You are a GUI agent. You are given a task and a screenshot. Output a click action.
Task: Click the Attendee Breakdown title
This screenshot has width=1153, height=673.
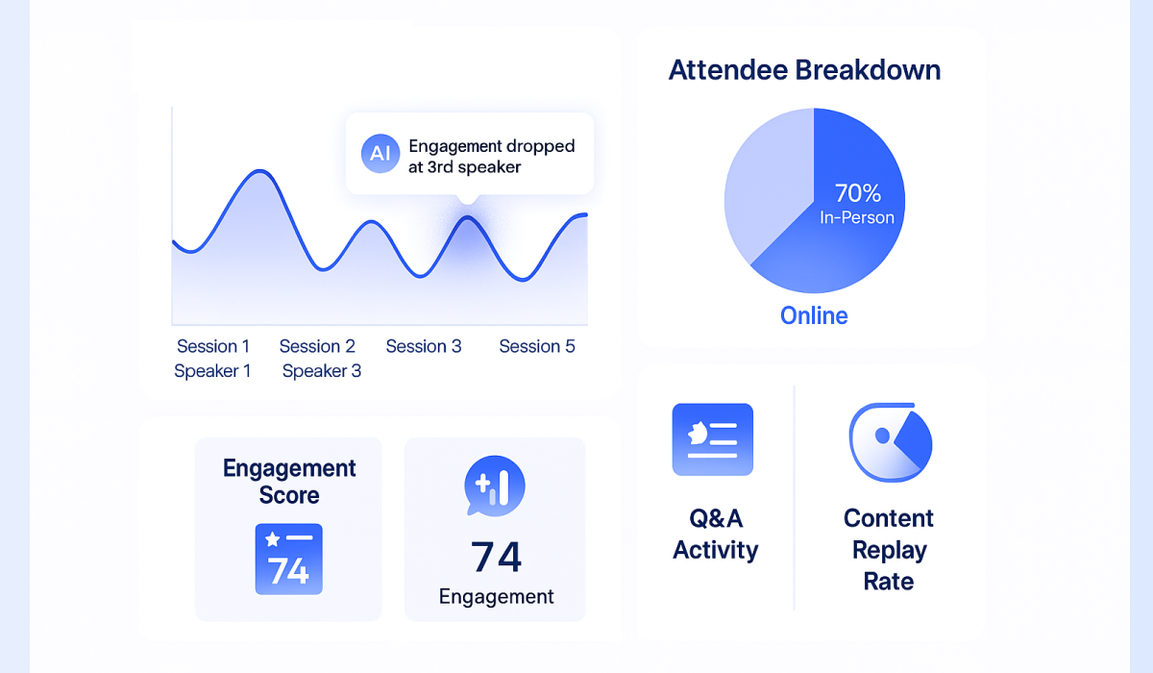tap(804, 70)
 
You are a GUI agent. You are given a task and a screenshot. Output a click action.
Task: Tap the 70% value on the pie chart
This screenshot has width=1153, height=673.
tap(857, 192)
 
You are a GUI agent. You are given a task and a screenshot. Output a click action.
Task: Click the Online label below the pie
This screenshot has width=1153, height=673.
tap(814, 315)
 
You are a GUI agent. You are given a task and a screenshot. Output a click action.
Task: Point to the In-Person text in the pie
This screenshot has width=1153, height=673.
tap(857, 217)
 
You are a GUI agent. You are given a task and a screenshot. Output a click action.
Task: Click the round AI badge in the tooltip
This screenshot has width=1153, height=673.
tap(380, 154)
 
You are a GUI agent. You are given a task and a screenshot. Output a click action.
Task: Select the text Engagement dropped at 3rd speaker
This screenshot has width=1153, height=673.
tap(491, 157)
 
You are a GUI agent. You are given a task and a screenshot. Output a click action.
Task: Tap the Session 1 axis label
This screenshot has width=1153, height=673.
tap(213, 346)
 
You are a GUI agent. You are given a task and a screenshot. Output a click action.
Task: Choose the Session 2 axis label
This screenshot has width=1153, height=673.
tap(317, 346)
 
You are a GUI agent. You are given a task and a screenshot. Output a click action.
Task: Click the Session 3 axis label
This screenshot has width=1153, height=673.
tap(424, 346)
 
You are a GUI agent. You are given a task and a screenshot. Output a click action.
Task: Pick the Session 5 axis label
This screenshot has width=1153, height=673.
tap(537, 346)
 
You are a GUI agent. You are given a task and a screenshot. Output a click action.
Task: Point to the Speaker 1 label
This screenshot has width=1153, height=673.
tap(212, 371)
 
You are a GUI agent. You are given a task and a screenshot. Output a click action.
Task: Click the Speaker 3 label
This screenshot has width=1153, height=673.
tap(322, 371)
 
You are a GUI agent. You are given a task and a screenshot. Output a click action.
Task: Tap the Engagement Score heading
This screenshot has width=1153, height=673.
tap(289, 482)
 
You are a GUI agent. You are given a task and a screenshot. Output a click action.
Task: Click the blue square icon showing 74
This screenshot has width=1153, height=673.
tap(288, 560)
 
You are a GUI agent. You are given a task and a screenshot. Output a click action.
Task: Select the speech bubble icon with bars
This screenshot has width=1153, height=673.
tap(494, 485)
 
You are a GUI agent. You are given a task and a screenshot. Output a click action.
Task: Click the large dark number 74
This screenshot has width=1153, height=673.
tap(496, 557)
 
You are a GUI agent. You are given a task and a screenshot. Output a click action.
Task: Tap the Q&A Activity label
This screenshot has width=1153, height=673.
tap(715, 535)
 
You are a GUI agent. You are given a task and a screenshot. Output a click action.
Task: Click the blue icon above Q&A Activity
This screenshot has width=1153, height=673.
tap(712, 439)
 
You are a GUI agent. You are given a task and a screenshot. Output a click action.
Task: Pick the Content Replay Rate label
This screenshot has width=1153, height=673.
tap(889, 550)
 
